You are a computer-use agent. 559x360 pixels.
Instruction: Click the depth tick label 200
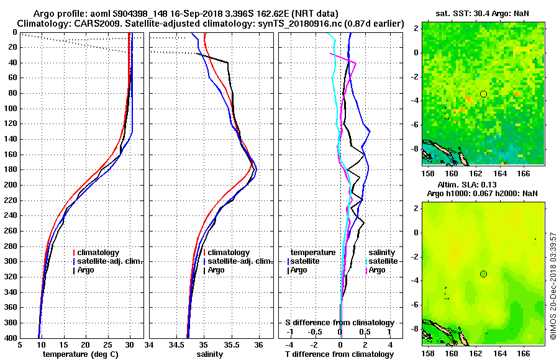(11, 185)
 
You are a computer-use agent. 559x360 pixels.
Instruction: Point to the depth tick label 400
(11, 338)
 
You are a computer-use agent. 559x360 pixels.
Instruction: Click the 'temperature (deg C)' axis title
(76, 354)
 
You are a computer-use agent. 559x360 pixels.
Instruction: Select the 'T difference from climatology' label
(339, 354)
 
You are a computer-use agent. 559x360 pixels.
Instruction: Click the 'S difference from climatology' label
(339, 323)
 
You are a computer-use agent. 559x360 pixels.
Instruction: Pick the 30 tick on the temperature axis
(130, 345)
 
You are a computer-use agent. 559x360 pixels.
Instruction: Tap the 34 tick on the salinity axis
(150, 345)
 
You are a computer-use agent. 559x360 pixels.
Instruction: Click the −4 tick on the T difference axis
(289, 345)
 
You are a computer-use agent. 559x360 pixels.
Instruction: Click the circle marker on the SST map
(483, 94)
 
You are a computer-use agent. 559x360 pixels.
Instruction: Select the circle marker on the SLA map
(483, 274)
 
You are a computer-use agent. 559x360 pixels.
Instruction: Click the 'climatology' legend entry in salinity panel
(229, 253)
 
